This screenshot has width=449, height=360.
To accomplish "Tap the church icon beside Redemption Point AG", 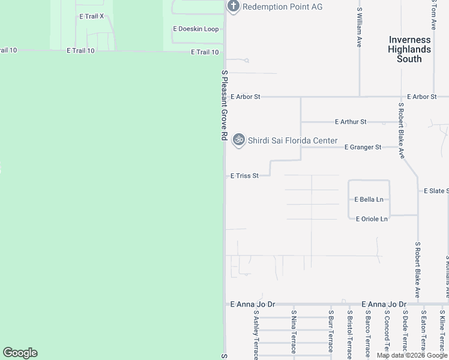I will [x=233, y=7].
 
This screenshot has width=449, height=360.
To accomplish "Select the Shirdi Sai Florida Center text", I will [x=293, y=140].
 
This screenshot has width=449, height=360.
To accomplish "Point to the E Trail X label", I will [x=92, y=16].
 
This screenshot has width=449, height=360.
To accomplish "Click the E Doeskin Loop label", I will [x=196, y=29].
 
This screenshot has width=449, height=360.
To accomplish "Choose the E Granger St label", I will [x=363, y=147].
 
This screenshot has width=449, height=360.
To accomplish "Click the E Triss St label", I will [x=244, y=176].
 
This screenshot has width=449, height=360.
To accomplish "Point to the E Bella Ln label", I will [x=369, y=199].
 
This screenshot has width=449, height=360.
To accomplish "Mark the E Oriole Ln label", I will [x=372, y=219].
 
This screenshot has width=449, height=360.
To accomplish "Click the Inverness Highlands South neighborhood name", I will [x=409, y=49].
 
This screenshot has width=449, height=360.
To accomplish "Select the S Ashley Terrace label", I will [x=256, y=334].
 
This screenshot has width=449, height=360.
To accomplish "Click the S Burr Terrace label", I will [x=331, y=332].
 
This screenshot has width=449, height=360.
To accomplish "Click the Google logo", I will [x=20, y=353].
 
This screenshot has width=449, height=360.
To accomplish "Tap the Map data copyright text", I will [x=412, y=355].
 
